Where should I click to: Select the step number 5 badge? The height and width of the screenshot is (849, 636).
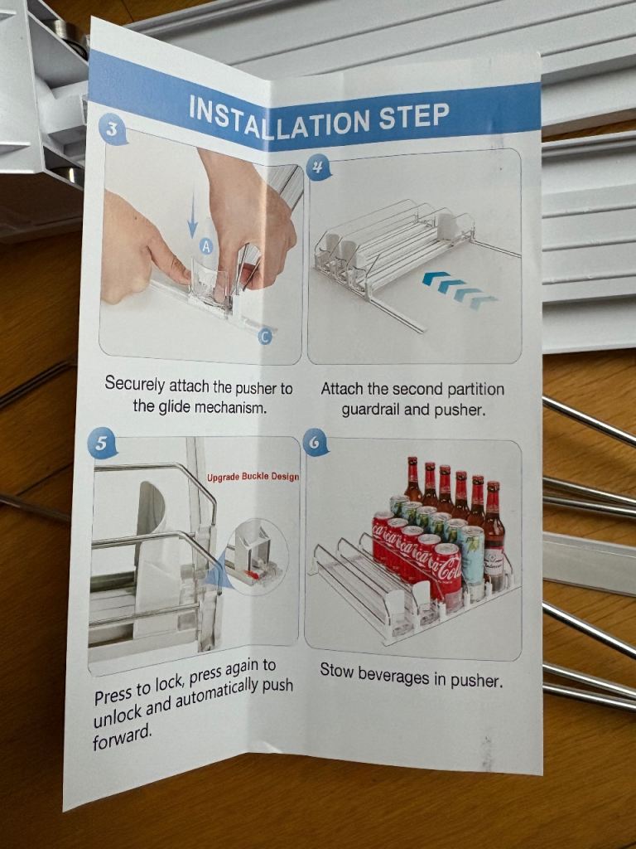tap(101, 444)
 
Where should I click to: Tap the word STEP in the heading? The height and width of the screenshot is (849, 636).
tap(414, 116)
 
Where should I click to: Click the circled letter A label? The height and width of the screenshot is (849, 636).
tap(205, 246)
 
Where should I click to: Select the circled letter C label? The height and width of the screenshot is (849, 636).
tap(264, 337)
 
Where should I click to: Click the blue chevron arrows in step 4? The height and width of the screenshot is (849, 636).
tap(460, 289)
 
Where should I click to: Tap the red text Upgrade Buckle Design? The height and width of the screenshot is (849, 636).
tap(253, 477)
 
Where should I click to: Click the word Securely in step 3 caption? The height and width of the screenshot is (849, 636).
tap(135, 385)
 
